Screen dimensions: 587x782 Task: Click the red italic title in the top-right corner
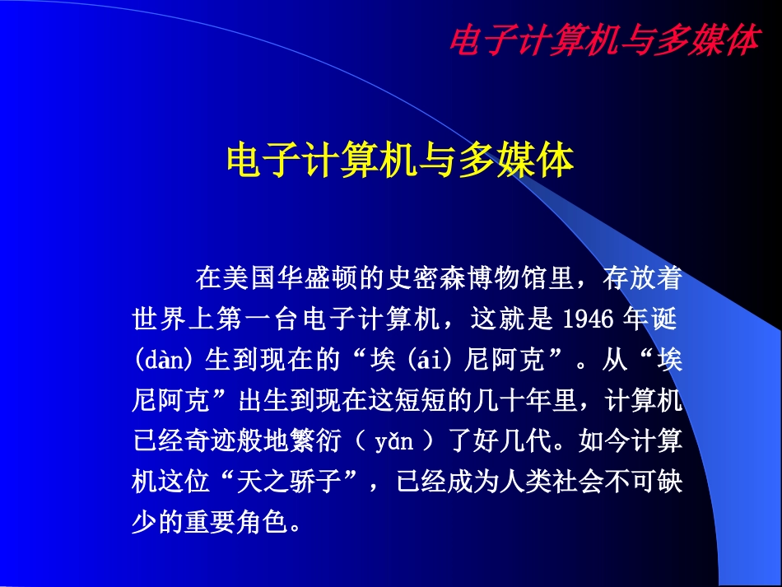click(x=603, y=40)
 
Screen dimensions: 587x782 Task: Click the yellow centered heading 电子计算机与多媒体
click(x=399, y=160)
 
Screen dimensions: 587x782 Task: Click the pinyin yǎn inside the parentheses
click(x=393, y=442)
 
